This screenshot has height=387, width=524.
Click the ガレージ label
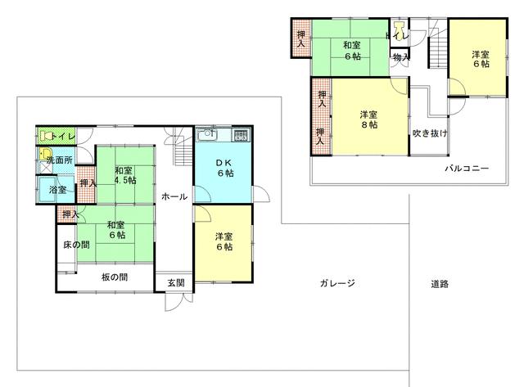click(337, 283)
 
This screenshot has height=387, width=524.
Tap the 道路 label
click(440, 284)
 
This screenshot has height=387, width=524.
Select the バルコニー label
click(467, 168)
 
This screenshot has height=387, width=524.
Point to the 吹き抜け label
click(430, 133)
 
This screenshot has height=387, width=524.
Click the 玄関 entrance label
click(176, 283)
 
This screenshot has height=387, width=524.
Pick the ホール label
click(174, 196)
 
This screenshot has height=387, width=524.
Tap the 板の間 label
click(115, 277)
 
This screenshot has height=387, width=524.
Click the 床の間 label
click(76, 245)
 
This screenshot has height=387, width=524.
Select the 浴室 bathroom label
click(57, 190)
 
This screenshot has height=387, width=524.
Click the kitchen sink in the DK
click(207, 134)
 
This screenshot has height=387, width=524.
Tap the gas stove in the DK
click(241, 135)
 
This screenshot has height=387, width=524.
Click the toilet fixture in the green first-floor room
click(46, 136)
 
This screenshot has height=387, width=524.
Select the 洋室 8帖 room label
click(369, 119)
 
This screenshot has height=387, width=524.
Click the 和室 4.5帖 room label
click(125, 175)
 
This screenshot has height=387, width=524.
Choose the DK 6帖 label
click(225, 168)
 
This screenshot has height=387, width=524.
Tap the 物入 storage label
click(400, 57)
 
